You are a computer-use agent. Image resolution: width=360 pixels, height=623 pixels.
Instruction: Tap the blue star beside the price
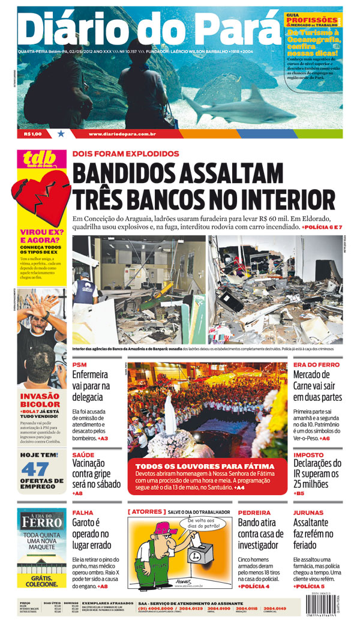[61, 134]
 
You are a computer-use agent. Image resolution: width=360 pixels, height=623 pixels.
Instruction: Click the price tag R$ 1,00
[34, 134]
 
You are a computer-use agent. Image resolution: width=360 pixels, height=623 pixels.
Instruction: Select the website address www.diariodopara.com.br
[122, 134]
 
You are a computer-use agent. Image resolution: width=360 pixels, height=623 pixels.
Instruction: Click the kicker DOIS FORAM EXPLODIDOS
[125, 154]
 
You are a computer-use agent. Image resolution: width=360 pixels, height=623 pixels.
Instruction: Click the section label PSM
[79, 364]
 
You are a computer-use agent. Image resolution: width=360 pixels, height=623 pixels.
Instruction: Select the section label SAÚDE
[83, 455]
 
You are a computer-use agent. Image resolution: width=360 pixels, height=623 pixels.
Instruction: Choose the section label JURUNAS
[309, 513]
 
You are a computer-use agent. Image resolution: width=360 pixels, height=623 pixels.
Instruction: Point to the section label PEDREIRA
[254, 513]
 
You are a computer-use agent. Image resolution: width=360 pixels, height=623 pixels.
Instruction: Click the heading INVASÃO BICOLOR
[40, 400]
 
